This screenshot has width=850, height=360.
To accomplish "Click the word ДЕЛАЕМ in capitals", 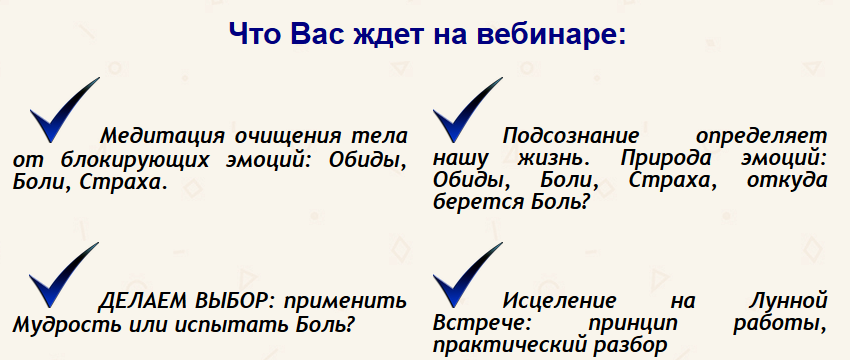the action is (139, 300).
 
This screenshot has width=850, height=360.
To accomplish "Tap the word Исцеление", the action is (559, 300).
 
